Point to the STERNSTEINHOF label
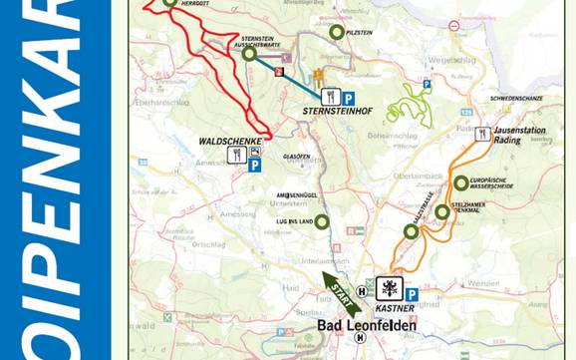pos(337,112)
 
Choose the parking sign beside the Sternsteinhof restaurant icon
pos(349,98)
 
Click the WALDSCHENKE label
pos(231,143)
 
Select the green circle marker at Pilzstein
pos(337,32)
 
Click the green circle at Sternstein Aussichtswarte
pos(249,53)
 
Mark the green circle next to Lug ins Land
pos(321,221)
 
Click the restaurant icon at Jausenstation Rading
pos(482,134)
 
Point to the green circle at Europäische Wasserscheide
pos(460,182)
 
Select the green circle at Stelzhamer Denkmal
pos(441,211)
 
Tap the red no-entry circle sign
pos(453,26)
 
